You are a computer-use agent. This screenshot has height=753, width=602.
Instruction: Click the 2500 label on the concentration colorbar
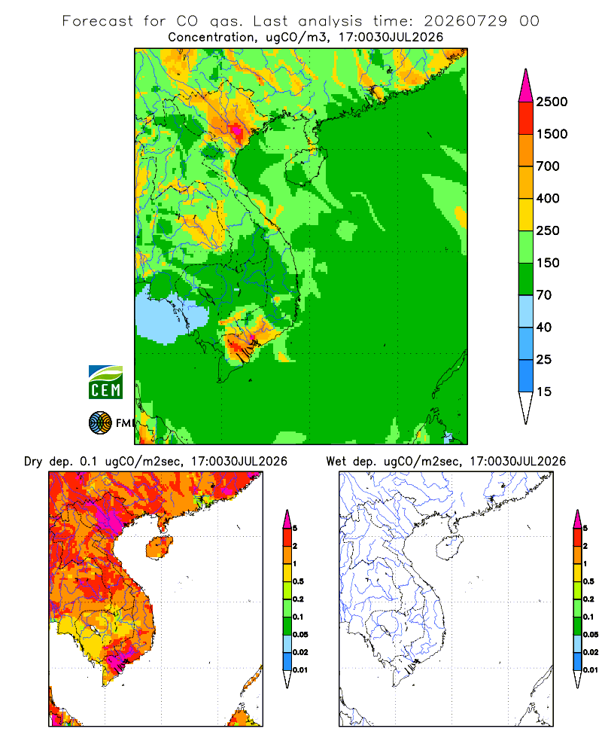click(552, 102)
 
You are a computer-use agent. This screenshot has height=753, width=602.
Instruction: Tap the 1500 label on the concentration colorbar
click(552, 134)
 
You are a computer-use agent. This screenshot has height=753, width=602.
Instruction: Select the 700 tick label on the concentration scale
click(548, 166)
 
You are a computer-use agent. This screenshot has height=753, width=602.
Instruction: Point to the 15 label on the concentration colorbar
click(544, 392)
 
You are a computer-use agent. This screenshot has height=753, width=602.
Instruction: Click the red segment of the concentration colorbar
click(526, 118)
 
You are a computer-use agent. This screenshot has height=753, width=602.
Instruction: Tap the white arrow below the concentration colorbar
click(526, 407)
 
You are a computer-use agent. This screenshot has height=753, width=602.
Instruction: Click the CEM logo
click(105, 383)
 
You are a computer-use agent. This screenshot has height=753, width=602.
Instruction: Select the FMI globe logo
click(100, 423)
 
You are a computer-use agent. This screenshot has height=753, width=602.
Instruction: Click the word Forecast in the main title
click(98, 21)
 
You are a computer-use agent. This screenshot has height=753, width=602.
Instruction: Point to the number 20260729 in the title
click(465, 21)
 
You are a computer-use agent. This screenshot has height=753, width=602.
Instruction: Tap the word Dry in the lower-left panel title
click(33, 462)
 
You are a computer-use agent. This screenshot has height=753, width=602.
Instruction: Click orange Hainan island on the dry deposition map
click(160, 547)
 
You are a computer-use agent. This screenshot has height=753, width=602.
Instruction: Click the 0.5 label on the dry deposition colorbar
click(298, 581)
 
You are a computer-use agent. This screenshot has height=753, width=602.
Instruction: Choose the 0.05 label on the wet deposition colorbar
click(591, 635)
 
